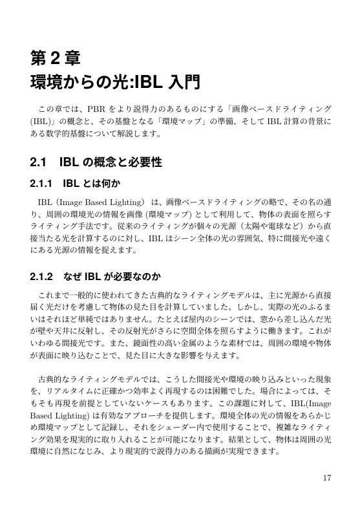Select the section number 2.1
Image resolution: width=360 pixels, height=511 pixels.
(x=43, y=161)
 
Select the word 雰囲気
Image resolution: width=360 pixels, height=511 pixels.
(x=245, y=240)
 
